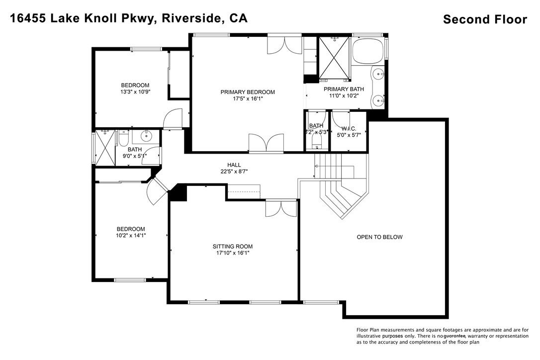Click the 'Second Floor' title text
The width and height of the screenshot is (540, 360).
coord(484,20)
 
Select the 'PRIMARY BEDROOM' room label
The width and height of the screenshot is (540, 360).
coord(248,92)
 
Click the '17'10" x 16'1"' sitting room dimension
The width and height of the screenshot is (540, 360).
coord(233,253)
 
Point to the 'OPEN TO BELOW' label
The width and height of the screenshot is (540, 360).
coord(379,237)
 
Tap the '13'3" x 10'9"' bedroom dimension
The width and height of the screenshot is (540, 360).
coord(135,92)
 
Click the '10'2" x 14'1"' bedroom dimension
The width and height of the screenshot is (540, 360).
coord(131,235)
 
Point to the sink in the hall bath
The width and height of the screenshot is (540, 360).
coord(147,136)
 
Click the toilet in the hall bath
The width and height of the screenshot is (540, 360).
coord(124,137)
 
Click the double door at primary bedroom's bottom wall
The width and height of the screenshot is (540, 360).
coord(267,143)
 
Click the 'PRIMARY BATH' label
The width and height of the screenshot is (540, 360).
coord(344,90)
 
